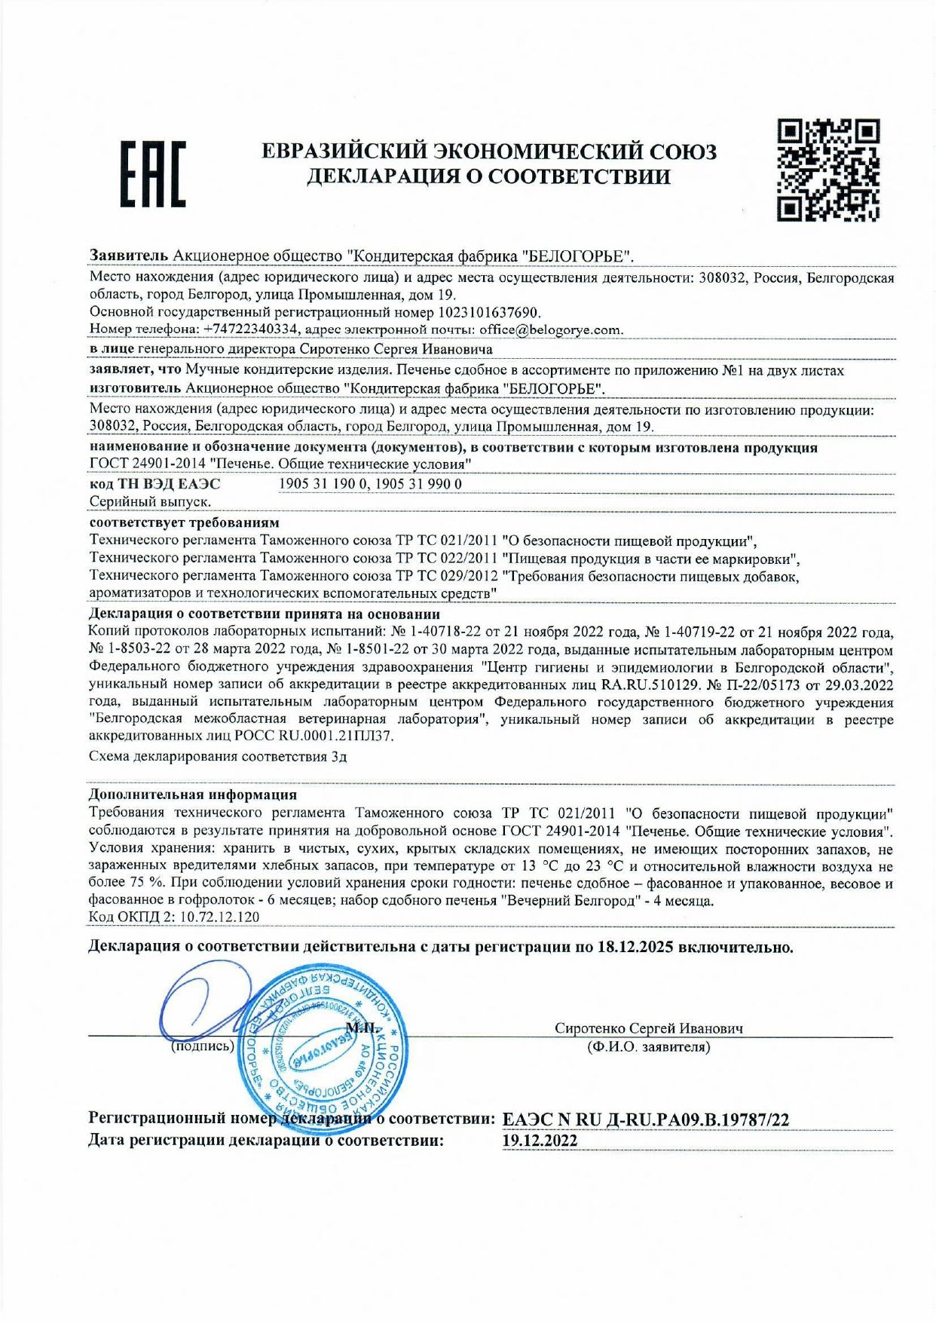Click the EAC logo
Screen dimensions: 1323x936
153,174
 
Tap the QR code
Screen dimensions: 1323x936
828,170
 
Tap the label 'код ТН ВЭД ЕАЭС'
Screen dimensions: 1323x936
154,484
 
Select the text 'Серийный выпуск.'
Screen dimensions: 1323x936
150,501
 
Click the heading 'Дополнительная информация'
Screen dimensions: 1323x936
192,795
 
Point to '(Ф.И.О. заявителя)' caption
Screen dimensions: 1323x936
648,1047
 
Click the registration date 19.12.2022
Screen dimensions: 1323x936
540,1141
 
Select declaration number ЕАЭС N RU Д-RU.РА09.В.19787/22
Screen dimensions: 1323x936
645,1119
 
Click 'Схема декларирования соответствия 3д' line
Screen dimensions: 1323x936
218,757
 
